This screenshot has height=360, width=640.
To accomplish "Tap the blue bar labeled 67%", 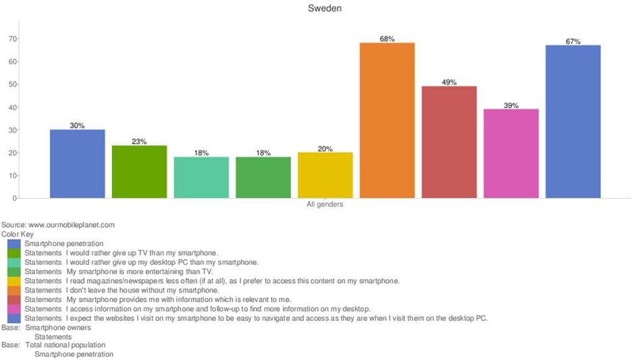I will click(573, 122).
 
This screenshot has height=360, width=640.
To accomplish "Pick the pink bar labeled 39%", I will click(511, 153).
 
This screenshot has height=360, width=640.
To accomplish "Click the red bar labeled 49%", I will click(449, 142).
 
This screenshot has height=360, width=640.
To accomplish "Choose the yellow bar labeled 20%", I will click(325, 175).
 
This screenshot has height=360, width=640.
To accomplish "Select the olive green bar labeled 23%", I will click(139, 172).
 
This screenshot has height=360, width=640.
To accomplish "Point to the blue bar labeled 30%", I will click(77, 163).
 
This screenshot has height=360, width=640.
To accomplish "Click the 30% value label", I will click(77, 126).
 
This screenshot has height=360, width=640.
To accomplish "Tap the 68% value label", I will click(387, 39).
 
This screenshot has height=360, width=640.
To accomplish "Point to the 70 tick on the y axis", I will click(12, 38).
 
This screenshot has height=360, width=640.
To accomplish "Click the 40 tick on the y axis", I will click(12, 107).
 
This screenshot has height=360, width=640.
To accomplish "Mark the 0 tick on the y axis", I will click(14, 198).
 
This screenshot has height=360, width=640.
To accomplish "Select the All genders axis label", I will click(325, 205).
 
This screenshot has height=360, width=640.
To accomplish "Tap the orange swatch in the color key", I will click(14, 290).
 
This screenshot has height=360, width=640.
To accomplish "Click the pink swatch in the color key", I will click(14, 309).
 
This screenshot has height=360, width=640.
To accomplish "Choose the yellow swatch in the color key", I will click(14, 280).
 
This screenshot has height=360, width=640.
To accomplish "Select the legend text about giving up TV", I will click(122, 252).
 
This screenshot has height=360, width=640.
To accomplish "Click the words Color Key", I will click(18, 234).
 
